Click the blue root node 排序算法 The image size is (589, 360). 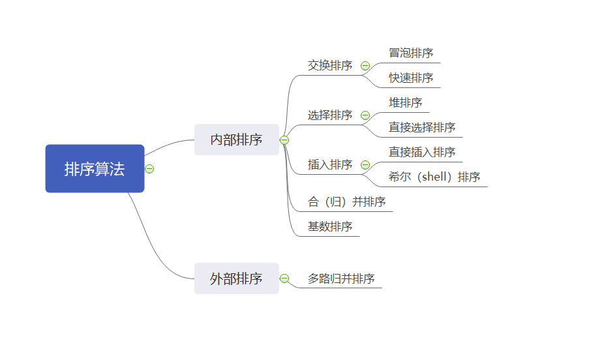[x=95, y=169]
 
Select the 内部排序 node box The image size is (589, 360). [x=236, y=140]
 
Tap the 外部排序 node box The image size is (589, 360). [x=236, y=278]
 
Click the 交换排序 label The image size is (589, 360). [x=330, y=66]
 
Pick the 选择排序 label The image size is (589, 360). [x=330, y=115]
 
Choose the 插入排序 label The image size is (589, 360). [x=330, y=165]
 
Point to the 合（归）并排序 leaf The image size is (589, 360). [x=346, y=202]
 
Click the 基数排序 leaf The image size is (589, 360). [x=330, y=227]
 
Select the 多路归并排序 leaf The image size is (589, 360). [x=341, y=279]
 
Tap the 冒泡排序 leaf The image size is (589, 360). [x=411, y=53]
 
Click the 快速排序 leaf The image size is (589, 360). [x=411, y=78]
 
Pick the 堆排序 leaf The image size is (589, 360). [x=406, y=103]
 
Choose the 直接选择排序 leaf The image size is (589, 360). [x=422, y=128]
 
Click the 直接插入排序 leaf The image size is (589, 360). [x=422, y=153]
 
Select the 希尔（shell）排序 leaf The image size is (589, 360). [x=434, y=177]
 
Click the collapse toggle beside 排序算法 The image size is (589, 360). [x=149, y=169]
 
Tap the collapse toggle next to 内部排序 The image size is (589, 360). [x=284, y=140]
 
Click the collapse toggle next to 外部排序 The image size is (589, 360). [x=284, y=278]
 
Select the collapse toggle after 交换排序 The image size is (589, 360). [x=365, y=66]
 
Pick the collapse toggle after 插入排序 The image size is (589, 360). [x=365, y=165]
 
